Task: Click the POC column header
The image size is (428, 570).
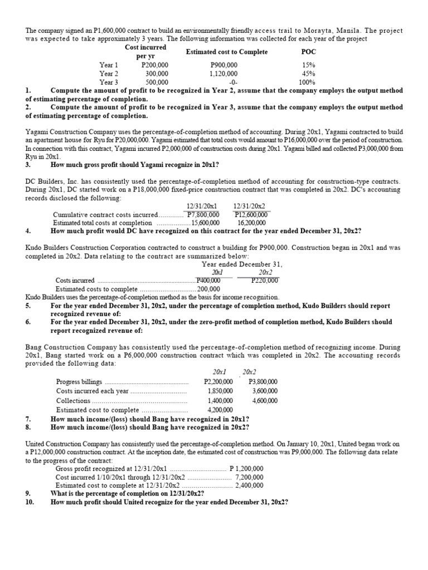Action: pos(308,52)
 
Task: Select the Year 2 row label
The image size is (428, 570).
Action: pos(109,73)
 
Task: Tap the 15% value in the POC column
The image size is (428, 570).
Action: pos(308,65)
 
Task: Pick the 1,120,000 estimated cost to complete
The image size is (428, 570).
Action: pos(223,73)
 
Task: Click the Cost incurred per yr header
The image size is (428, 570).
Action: pos(146,52)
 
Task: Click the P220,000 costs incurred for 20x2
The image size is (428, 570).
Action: pos(265,281)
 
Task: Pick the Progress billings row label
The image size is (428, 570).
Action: pos(79,382)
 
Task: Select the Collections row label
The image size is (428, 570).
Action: pos(73,400)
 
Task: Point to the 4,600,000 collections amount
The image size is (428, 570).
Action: pos(265,400)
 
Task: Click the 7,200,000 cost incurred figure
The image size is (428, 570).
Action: pos(249,477)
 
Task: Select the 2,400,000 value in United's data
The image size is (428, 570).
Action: pos(250,485)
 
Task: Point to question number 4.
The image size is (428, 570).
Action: pos(28,231)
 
